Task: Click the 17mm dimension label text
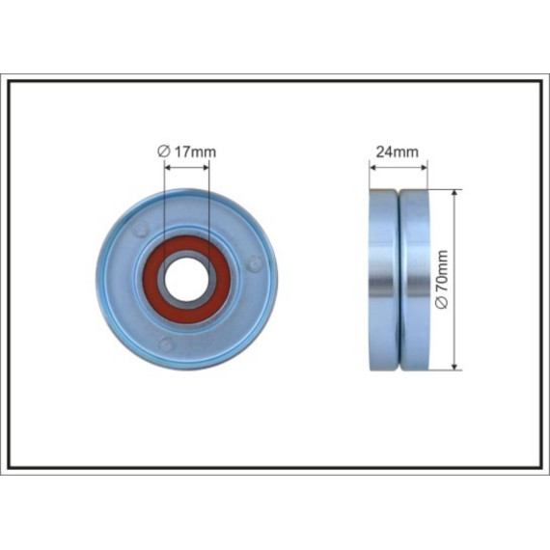click(x=195, y=151)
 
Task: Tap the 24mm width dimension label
click(x=398, y=151)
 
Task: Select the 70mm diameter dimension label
click(x=442, y=271)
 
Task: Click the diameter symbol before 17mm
click(x=163, y=151)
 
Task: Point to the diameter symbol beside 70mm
click(x=443, y=302)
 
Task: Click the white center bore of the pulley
click(x=186, y=279)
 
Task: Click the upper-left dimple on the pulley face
click(x=141, y=229)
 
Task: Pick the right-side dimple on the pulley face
click(x=255, y=263)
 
